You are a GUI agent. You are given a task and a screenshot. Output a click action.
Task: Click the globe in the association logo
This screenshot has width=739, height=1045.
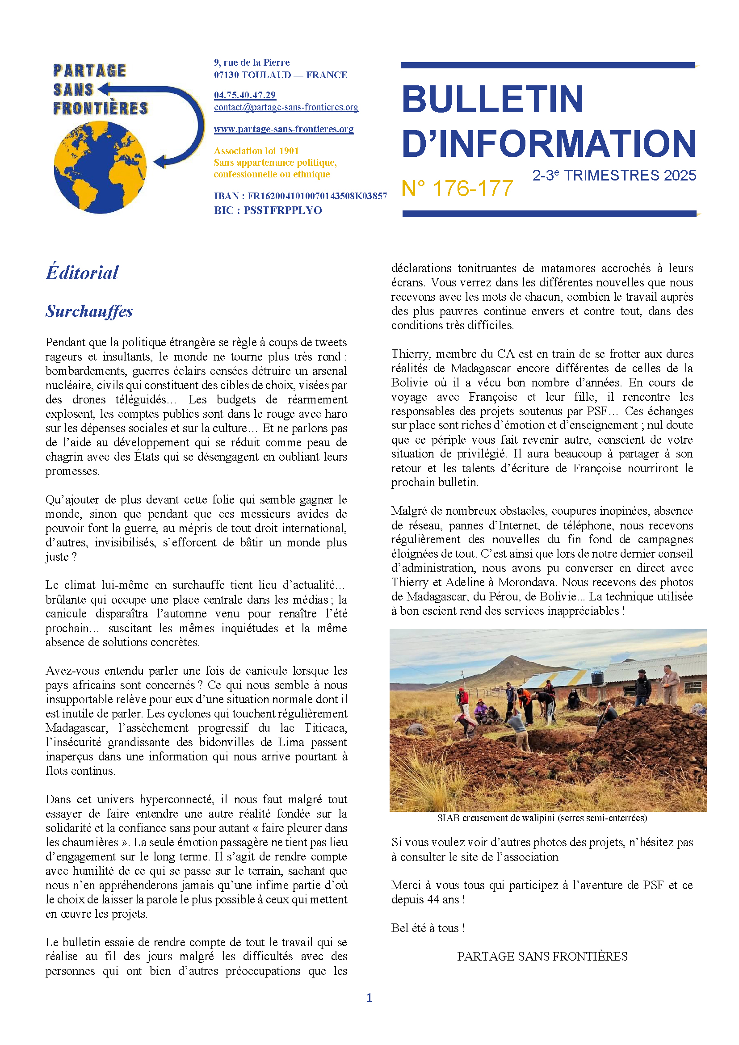[x=100, y=167]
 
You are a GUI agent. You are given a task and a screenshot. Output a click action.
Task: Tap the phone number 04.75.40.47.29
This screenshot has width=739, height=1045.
[x=245, y=95]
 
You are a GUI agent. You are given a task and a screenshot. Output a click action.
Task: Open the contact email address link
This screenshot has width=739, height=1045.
[x=286, y=107]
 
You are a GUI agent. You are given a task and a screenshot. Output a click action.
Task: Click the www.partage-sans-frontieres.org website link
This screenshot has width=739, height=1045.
[x=284, y=129]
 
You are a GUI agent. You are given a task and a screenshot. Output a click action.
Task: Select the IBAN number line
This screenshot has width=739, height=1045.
[x=300, y=196]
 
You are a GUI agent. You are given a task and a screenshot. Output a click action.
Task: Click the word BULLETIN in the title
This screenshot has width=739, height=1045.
[x=492, y=99]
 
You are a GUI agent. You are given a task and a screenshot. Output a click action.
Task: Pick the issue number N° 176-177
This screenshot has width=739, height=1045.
[x=457, y=189]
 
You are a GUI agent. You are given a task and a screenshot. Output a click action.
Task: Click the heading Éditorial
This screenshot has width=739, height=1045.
[x=82, y=273]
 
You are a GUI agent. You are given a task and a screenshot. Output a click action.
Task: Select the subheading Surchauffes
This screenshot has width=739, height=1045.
[x=89, y=311]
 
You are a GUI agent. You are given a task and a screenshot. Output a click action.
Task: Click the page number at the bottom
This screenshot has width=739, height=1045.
[x=369, y=998]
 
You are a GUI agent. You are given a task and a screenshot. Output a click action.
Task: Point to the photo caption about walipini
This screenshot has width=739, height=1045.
[x=542, y=818]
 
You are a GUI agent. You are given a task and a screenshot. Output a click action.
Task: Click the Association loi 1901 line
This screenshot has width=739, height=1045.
[x=256, y=151]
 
